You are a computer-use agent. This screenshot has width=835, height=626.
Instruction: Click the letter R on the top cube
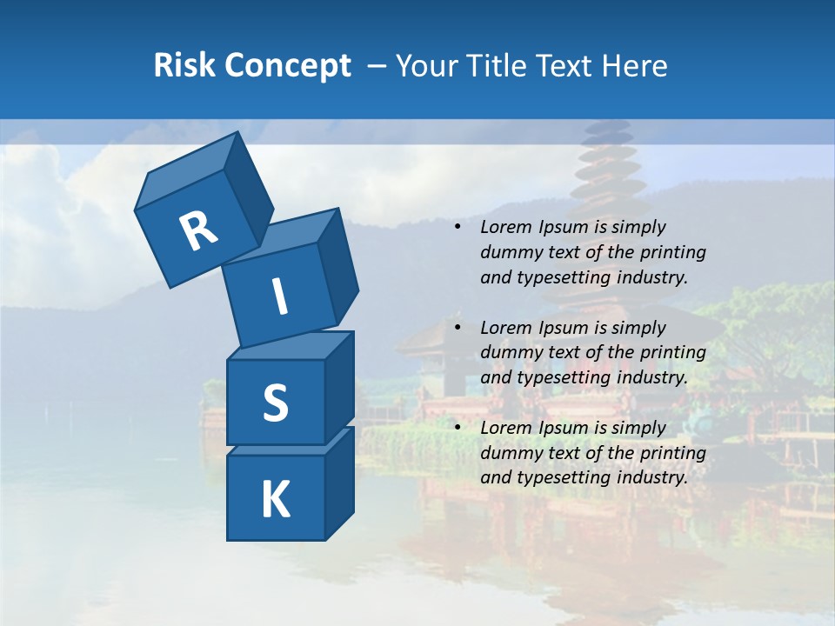[x=197, y=232]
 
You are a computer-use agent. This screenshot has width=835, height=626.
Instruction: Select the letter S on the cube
[x=275, y=403]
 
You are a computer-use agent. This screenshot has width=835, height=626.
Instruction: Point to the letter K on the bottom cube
[x=275, y=500]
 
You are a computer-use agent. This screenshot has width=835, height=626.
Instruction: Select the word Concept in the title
[x=287, y=66]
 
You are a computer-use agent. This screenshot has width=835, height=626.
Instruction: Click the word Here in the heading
[x=634, y=66]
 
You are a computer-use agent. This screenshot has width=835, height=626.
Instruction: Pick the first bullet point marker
[x=458, y=228]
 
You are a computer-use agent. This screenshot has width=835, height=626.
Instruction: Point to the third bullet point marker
[x=458, y=429]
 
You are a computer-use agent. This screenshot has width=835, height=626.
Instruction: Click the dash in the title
[x=377, y=66]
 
